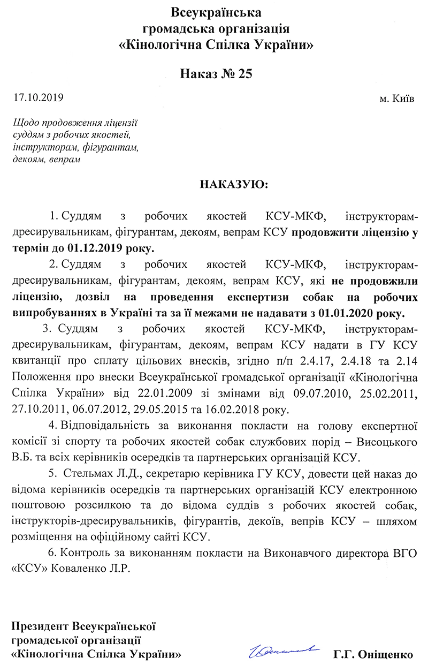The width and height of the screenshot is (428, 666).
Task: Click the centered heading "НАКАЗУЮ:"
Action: (235, 185)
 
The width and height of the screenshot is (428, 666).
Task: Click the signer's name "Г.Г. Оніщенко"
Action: (373, 654)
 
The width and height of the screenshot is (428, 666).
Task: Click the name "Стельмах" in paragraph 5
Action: (88, 475)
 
